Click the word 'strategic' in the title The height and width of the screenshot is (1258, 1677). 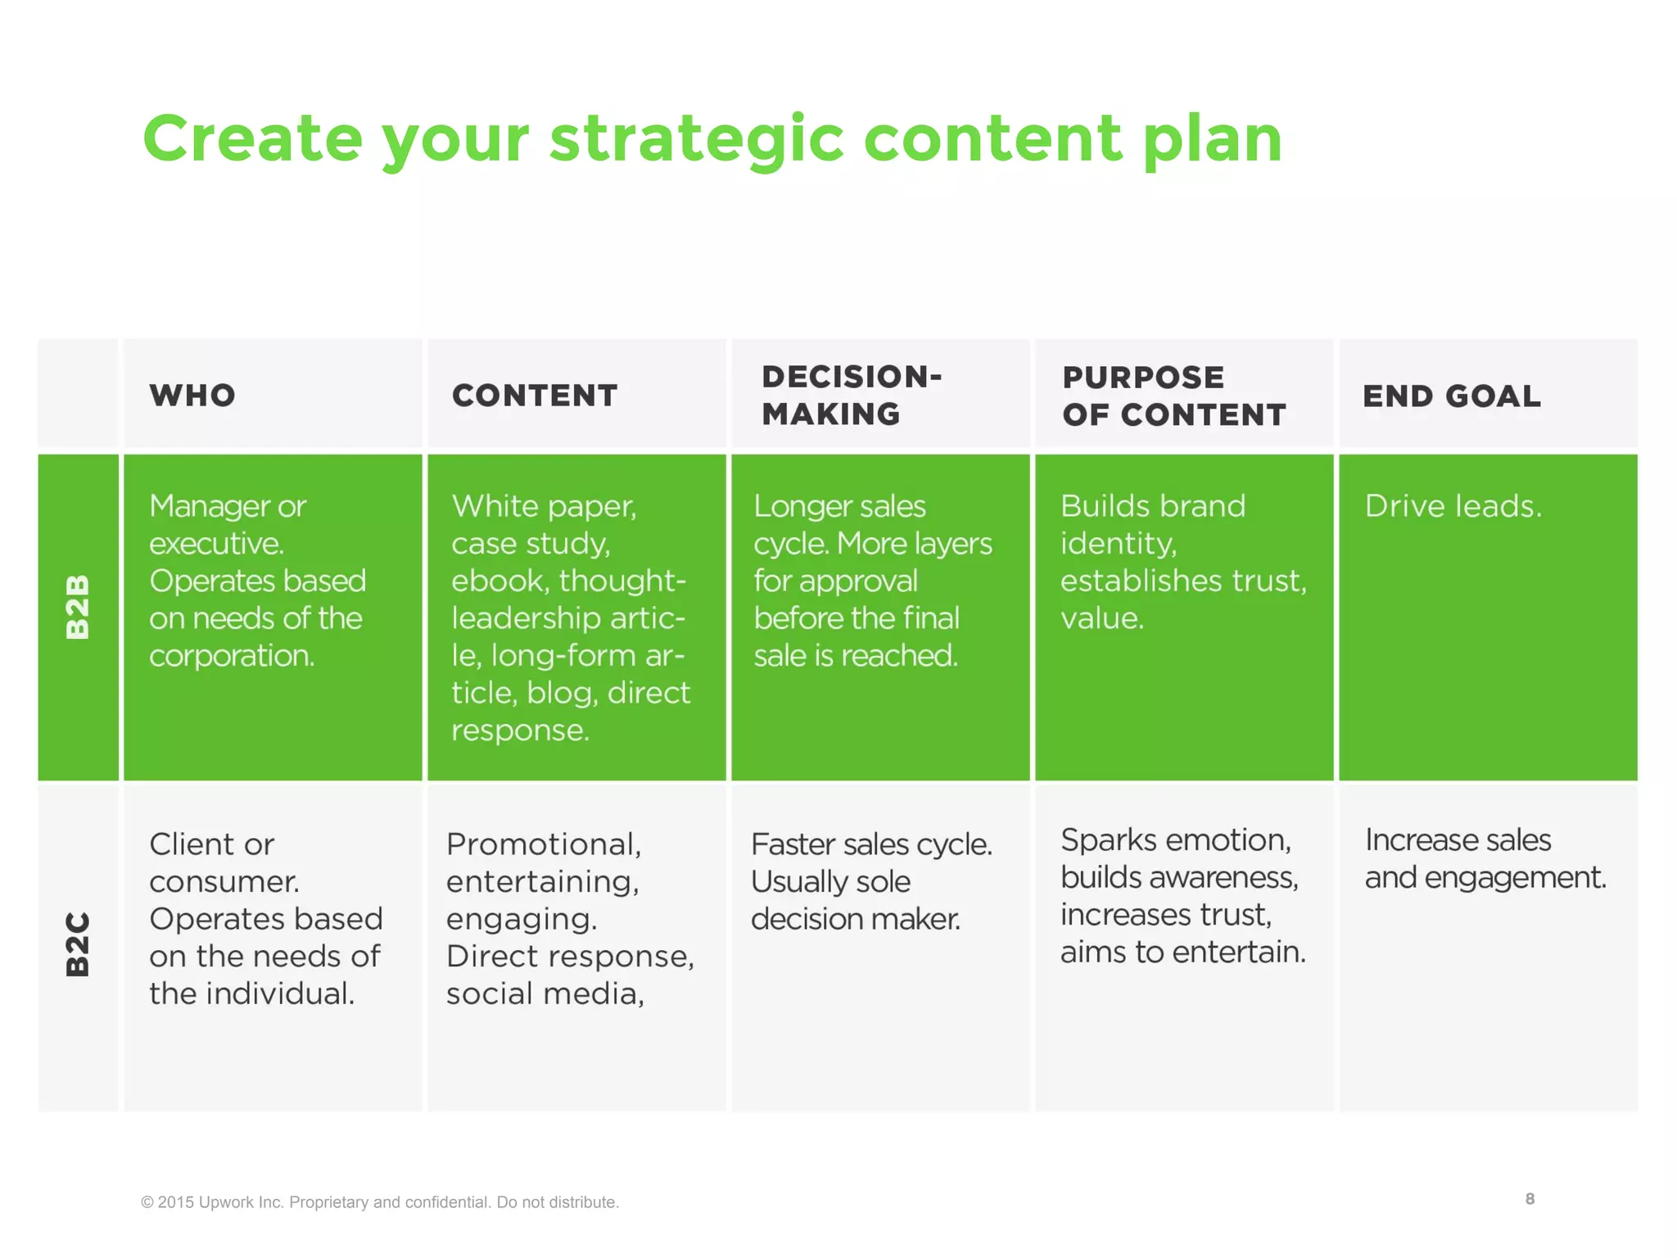(x=696, y=139)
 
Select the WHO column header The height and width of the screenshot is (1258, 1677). (x=192, y=396)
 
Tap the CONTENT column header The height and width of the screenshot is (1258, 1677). (x=535, y=396)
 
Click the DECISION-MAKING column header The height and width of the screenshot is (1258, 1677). (x=852, y=396)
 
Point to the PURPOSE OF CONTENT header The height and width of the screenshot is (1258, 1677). (x=1173, y=396)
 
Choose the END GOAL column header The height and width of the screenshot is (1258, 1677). (x=1451, y=396)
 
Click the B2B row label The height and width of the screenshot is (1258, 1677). (x=78, y=606)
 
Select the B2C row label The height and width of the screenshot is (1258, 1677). (x=78, y=944)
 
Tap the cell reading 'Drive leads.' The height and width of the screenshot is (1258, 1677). (x=1453, y=506)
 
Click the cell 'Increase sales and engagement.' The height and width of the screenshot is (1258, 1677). (x=1485, y=858)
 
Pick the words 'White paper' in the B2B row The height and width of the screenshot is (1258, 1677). (x=544, y=506)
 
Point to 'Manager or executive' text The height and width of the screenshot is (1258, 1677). (x=228, y=524)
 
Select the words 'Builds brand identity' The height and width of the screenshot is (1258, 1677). (x=1152, y=524)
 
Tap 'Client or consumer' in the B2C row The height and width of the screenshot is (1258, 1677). (x=223, y=862)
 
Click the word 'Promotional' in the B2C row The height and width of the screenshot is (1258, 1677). (x=543, y=844)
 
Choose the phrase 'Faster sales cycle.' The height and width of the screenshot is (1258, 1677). (x=871, y=844)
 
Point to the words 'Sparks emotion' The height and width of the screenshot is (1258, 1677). (x=1175, y=840)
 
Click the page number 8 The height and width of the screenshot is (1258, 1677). (x=1530, y=1199)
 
